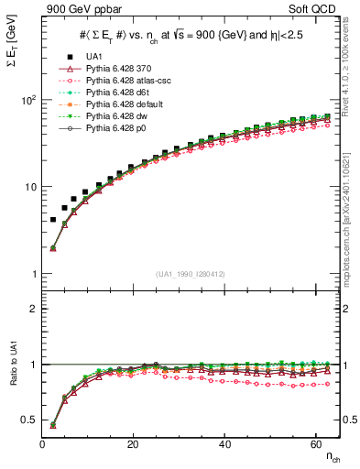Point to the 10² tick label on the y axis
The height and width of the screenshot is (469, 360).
(x=28, y=99)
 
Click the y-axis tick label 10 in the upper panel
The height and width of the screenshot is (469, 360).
(x=30, y=187)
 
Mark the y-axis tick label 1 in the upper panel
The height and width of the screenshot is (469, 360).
(x=33, y=275)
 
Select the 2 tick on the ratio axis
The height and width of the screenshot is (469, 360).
(x=33, y=309)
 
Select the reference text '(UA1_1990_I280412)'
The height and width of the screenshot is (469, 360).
(x=191, y=274)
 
